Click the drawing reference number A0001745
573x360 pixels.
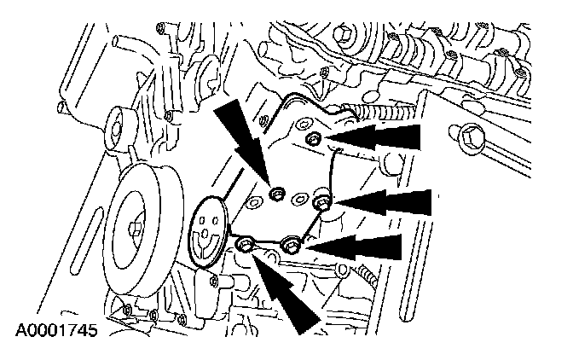(56, 330)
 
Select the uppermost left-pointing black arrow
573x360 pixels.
(373, 137)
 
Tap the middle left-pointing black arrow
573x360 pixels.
(382, 202)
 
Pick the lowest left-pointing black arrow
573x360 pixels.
(354, 247)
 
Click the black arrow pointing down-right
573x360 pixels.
(244, 142)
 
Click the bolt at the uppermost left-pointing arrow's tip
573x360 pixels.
(313, 139)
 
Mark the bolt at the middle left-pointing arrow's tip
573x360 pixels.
(322, 202)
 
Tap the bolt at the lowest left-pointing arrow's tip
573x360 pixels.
(292, 244)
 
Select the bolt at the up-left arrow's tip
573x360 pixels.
(244, 244)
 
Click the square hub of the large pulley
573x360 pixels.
(135, 229)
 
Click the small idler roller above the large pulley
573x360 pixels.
(118, 129)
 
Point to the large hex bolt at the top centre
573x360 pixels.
(344, 35)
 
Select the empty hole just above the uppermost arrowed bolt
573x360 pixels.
(303, 125)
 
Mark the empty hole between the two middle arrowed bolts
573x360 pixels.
(298, 200)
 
